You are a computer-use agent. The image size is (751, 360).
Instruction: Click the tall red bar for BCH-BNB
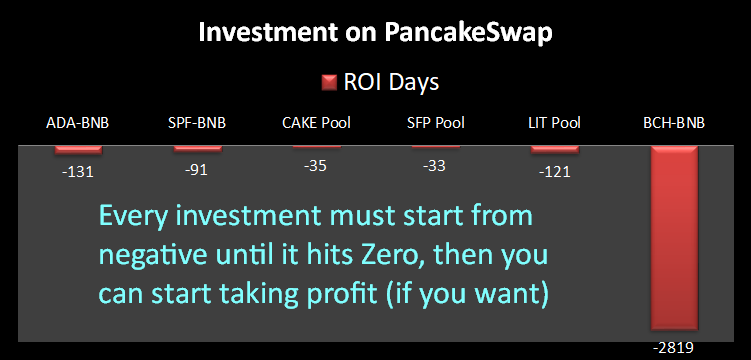pos(674,237)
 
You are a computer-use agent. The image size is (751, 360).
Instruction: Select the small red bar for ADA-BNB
pos(78,149)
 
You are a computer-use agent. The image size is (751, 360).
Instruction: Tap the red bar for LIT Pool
pos(555,149)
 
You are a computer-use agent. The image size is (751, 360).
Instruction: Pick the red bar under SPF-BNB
pos(197,148)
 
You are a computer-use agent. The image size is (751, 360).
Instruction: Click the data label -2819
pos(675,348)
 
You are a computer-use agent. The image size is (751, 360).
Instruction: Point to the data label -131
pos(78,171)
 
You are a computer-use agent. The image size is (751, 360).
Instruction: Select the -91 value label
pos(196,169)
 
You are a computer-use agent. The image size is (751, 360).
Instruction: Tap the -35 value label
pos(315,166)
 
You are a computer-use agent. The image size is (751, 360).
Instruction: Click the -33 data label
pos(434,166)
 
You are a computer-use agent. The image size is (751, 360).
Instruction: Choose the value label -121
pos(555,171)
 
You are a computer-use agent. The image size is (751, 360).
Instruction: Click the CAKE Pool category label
pos(316,123)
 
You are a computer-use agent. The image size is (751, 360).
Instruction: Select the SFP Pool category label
pos(435,123)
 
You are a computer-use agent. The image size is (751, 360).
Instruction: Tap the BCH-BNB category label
pos(674,123)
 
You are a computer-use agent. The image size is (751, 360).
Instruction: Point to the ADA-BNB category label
pos(78,123)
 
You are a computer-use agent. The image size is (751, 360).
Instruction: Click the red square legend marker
pos(330,83)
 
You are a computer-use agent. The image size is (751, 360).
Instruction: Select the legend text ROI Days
pos(391,82)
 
